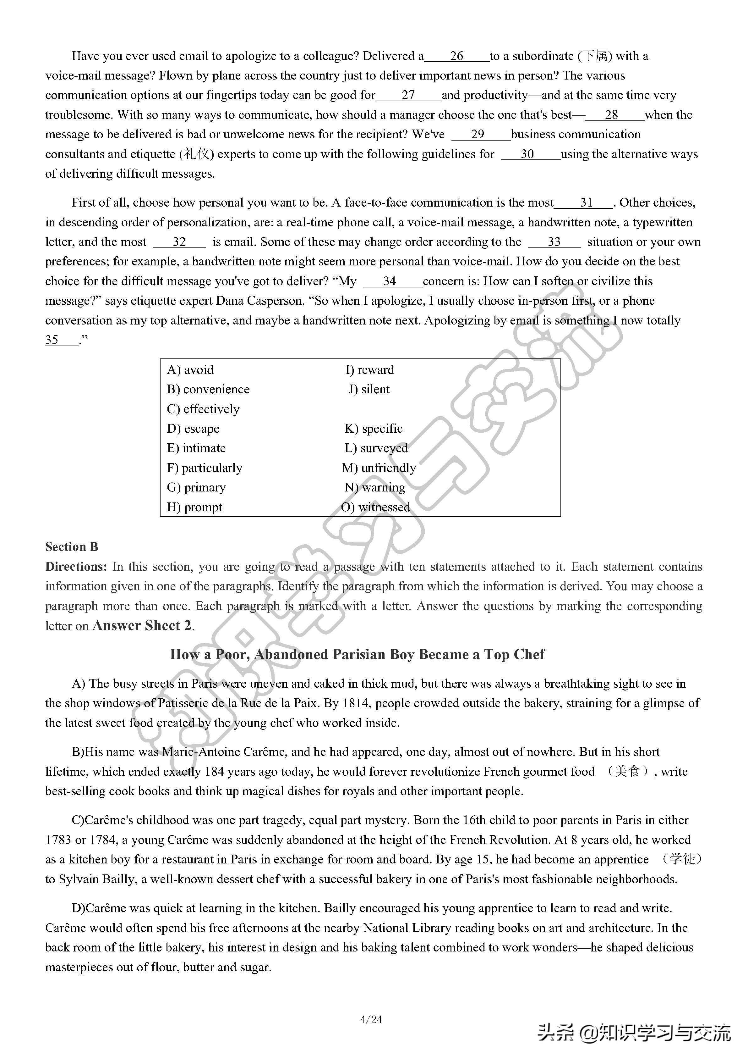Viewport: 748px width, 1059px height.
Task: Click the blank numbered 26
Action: point(456,56)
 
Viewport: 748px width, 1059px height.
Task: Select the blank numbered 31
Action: point(584,203)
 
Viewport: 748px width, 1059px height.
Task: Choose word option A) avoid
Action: point(190,370)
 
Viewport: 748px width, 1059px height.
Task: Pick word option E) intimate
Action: point(196,448)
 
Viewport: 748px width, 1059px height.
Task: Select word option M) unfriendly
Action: point(379,468)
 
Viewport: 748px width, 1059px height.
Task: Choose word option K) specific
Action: point(374,429)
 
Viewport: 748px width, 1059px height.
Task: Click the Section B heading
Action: point(71,547)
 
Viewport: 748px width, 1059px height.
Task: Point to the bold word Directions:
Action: point(76,567)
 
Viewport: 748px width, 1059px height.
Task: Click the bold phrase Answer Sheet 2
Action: point(142,626)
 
